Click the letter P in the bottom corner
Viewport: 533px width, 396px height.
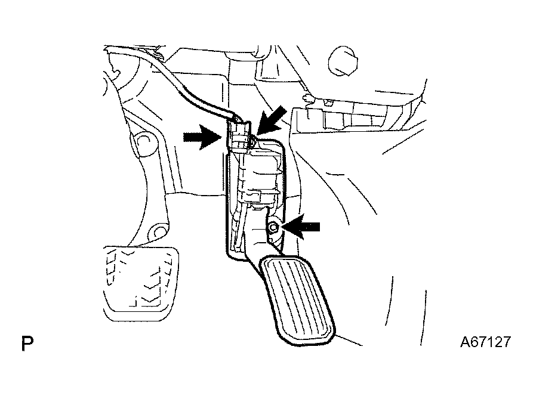[x=27, y=344]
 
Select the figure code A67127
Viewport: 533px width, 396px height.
[x=485, y=342]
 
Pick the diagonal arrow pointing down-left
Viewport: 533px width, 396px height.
[x=270, y=120]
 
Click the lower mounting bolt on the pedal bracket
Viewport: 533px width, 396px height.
[x=273, y=227]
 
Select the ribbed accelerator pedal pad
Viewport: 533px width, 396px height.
[x=297, y=300]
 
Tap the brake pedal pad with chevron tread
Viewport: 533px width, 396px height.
[x=141, y=283]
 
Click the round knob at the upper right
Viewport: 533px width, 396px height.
[x=343, y=61]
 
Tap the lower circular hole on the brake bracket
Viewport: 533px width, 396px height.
[x=158, y=233]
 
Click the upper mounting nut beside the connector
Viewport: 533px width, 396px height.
[x=252, y=139]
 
